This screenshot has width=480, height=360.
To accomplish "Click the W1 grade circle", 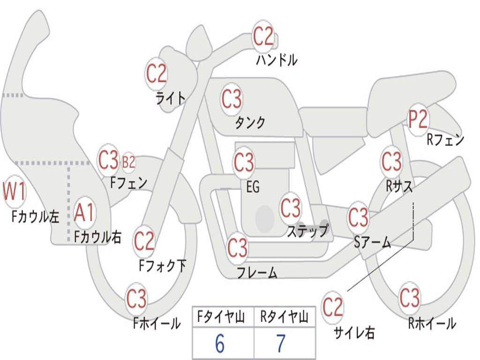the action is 15,192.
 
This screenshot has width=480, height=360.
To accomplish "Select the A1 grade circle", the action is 84,213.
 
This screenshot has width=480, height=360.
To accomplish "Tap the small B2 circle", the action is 128,162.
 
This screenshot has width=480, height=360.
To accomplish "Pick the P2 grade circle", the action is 418,120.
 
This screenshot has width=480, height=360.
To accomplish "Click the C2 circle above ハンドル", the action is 263,37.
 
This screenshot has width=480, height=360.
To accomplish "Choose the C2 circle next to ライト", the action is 157,74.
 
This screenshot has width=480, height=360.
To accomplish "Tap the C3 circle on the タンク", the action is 232,99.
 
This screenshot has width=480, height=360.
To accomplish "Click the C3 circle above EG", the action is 244,163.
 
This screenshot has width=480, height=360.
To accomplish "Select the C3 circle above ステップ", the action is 291,208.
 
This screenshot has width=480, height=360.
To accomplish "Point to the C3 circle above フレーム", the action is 238,247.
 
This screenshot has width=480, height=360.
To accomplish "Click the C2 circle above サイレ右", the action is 333,307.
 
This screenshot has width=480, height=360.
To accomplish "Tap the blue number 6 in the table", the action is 219,344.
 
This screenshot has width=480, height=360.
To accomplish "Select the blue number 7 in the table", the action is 281,344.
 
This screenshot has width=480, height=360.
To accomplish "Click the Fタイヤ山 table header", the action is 219,318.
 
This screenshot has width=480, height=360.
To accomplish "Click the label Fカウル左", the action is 36,216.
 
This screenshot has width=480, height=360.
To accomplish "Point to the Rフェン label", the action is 445,140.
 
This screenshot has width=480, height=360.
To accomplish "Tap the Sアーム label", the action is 372,242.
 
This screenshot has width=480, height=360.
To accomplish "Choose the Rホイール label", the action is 432,323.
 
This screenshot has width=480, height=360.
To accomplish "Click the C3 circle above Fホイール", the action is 136,299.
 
